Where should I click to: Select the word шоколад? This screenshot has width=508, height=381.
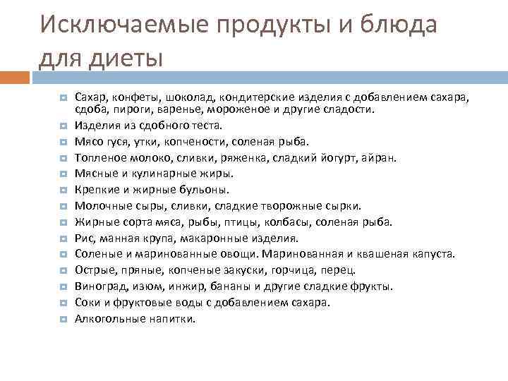[194, 97]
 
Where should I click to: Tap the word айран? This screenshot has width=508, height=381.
[382, 157]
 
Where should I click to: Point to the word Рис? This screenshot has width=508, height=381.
[83, 238]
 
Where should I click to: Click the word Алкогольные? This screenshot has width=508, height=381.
[107, 318]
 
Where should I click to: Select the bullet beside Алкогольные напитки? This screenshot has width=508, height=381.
[63, 319]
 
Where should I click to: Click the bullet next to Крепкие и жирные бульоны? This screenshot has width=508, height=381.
[63, 190]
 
